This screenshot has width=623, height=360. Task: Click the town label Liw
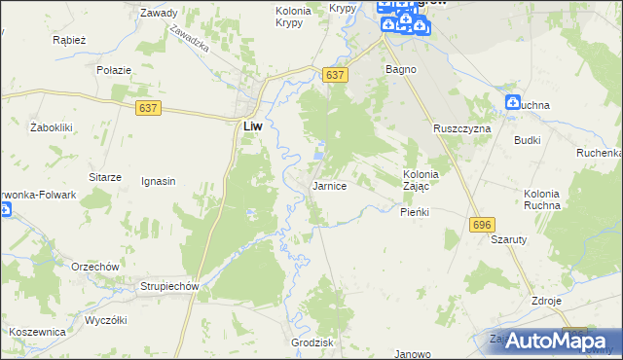pyautogui.click(x=251, y=126)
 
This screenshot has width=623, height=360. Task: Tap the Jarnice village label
pyautogui.click(x=329, y=186)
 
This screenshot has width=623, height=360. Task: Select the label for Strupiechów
pyautogui.click(x=169, y=287)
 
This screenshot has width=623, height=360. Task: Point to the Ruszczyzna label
pyautogui.click(x=462, y=128)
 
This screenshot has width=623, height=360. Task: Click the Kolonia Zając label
pyautogui.click(x=422, y=180)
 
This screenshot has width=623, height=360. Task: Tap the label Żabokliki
pyautogui.click(x=54, y=127)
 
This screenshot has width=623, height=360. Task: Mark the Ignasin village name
pyautogui.click(x=158, y=181)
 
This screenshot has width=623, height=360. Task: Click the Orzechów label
pyautogui.click(x=94, y=267)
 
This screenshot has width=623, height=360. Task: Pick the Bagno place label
pyautogui.click(x=401, y=70)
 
